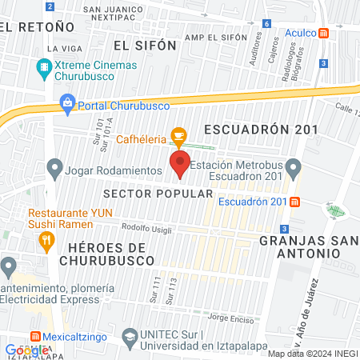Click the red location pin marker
click(180, 165)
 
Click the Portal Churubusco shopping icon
click(68, 102)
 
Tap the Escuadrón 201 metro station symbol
click(295, 202)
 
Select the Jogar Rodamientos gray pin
click(54, 169)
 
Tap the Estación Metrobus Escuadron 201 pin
click(294, 169)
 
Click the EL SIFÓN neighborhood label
click(144, 46)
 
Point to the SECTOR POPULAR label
click(158, 194)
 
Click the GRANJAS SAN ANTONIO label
click(306, 246)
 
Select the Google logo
click(26, 350)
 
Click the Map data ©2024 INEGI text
click(312, 354)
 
